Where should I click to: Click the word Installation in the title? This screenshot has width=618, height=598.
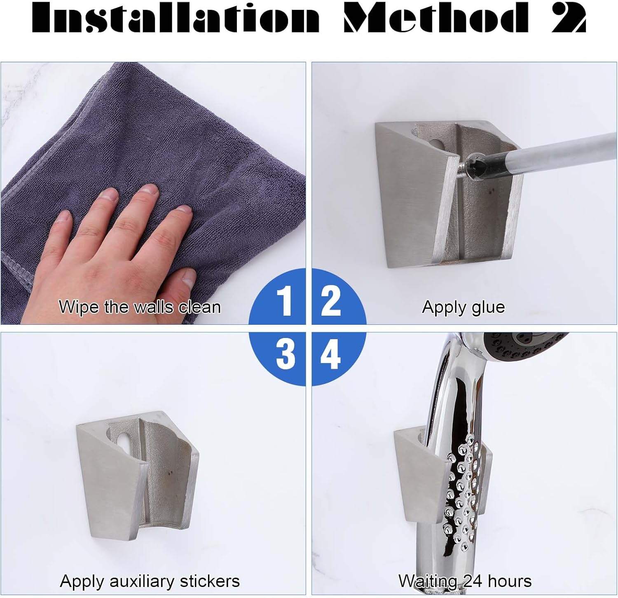tap(176, 19)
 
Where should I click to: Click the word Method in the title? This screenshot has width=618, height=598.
tap(436, 19)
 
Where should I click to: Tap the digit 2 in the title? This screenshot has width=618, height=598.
tap(569, 19)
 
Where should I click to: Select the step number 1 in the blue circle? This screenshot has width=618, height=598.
tap(284, 301)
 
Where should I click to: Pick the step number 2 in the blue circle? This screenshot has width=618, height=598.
tap(330, 301)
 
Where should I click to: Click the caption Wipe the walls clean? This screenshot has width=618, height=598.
tap(140, 307)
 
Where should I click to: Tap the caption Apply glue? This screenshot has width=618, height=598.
tap(463, 307)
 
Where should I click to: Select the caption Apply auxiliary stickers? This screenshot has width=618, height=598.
tap(150, 581)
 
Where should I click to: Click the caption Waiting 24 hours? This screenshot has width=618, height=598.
tap(465, 581)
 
